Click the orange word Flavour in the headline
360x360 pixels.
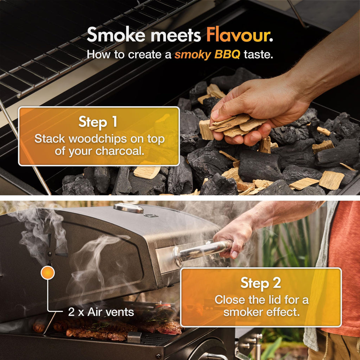pyautogui.click(x=239, y=35)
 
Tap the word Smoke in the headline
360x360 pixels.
pyautogui.click(x=116, y=35)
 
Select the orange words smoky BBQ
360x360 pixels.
pyautogui.click(x=207, y=55)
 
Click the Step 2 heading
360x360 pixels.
pyautogui.click(x=261, y=283)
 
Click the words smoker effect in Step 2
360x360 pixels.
pyautogui.click(x=262, y=312)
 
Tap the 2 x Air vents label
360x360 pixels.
pyautogui.click(x=101, y=312)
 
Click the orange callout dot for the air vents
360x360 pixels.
pyautogui.click(x=47, y=273)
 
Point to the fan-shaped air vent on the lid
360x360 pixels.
pyautogui.click(x=52, y=251)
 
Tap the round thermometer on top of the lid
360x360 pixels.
pyautogui.click(x=128, y=208)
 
